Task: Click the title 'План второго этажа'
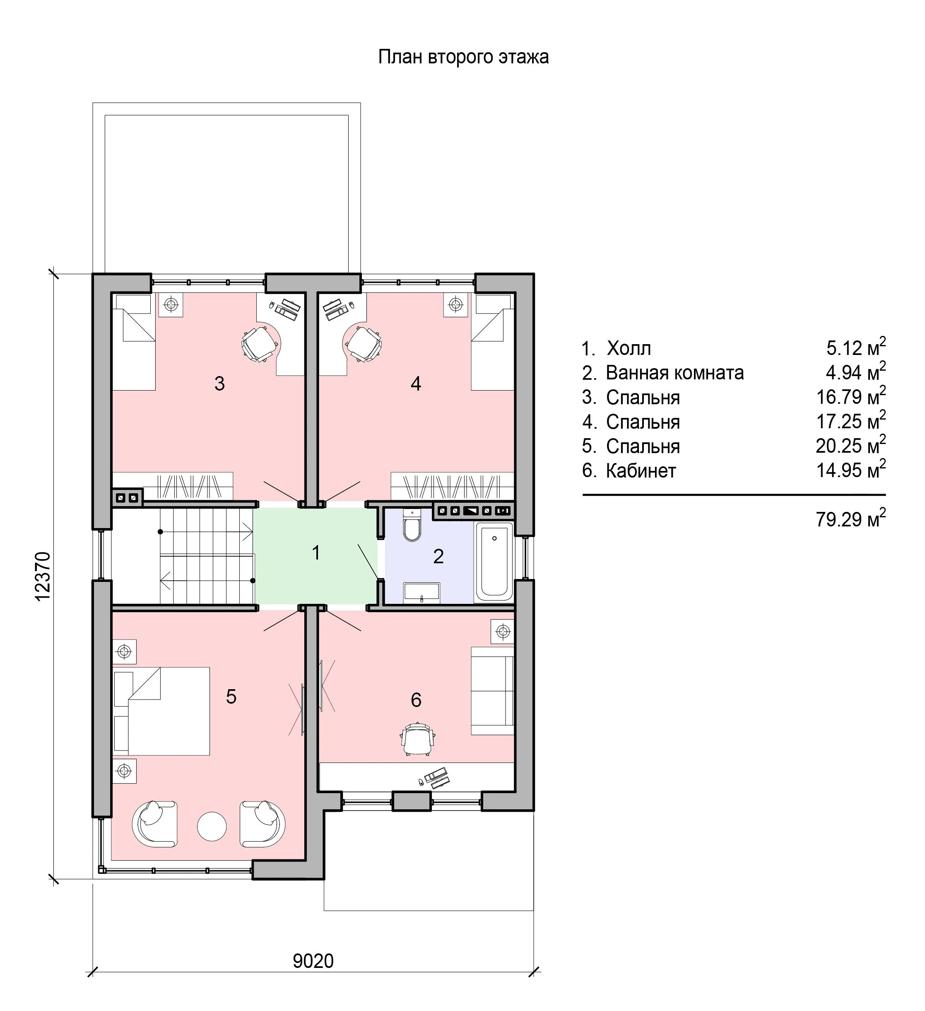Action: pos(463,57)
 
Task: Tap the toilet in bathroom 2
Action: pos(412,525)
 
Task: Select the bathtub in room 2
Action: pos(494,562)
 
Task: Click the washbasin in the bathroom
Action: pos(422,593)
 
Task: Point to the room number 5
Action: pos(231,696)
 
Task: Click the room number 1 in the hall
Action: pos(316,552)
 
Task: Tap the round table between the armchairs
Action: pos(212,826)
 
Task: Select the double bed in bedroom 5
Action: pos(161,711)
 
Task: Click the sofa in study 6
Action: pos(492,690)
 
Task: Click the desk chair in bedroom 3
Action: pos(260,344)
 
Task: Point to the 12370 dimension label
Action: pos(43,576)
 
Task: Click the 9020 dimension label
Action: pos(313,961)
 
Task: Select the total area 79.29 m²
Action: pos(850,519)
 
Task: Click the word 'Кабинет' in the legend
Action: pos(641,471)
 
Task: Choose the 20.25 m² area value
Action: pos(850,445)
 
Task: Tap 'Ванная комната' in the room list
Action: pos(675,373)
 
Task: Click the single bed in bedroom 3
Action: pos(133,342)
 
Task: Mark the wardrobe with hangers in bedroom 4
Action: pos(452,486)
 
